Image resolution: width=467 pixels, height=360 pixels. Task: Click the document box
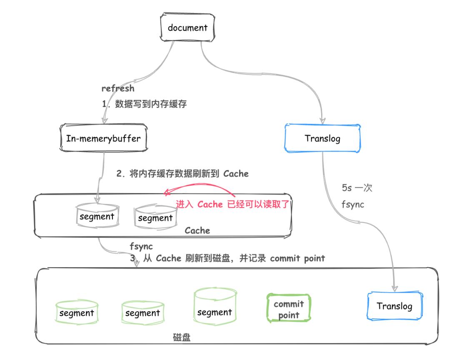(187, 28)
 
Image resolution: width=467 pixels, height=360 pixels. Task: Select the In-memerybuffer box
(104, 139)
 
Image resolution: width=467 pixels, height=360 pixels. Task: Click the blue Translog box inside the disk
(394, 306)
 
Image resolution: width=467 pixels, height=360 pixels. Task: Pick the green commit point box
(288, 309)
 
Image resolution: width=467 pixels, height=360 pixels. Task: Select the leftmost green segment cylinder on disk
(77, 313)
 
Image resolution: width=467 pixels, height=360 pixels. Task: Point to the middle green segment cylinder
(142, 313)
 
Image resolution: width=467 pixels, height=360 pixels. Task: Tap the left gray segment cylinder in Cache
(96, 216)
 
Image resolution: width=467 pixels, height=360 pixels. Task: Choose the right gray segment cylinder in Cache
(155, 217)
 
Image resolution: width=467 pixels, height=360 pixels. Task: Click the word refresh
(118, 88)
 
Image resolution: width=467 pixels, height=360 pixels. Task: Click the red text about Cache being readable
(232, 204)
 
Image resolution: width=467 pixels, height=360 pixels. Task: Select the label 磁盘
(182, 337)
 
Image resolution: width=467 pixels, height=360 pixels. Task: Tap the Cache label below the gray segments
(197, 231)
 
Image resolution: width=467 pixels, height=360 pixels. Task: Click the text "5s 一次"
(357, 188)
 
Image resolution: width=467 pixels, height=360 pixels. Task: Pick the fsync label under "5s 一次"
(352, 204)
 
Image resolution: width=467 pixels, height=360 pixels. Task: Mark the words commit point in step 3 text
(297, 258)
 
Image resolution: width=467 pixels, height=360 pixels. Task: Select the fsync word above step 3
(141, 246)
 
